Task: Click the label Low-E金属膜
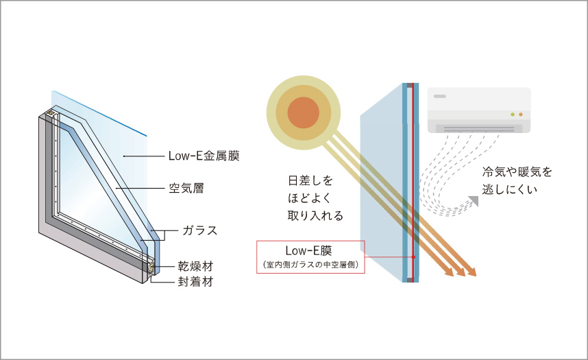(x=204, y=156)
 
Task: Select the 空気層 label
(x=186, y=188)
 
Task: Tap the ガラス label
(x=200, y=230)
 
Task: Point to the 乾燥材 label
(x=195, y=266)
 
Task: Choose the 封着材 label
(x=195, y=282)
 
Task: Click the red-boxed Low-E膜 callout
(x=310, y=256)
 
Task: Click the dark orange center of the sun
(x=304, y=112)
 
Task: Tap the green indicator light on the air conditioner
(x=513, y=114)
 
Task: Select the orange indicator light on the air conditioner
(x=521, y=114)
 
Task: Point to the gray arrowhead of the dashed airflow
(x=474, y=201)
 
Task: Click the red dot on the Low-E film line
(x=413, y=257)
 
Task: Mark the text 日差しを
(x=310, y=180)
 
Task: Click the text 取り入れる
(x=315, y=215)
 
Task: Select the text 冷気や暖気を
(x=517, y=172)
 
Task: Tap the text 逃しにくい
(x=510, y=189)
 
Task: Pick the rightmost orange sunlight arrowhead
(x=471, y=272)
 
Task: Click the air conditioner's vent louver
(x=479, y=129)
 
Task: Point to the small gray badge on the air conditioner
(x=439, y=97)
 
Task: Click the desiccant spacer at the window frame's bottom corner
(x=151, y=267)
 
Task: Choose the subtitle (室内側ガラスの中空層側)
(x=310, y=265)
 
